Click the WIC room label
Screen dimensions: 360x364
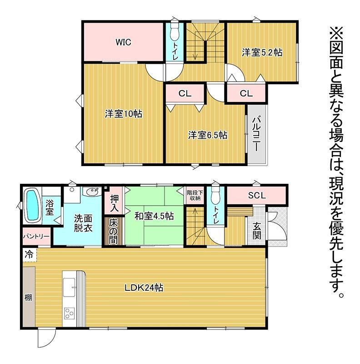tap(123, 42)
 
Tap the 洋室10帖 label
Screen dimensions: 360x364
tap(123, 114)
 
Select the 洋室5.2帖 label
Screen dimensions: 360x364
tap(262, 52)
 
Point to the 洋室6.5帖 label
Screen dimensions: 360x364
tap(208, 135)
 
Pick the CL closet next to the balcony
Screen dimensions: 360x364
tap(246, 93)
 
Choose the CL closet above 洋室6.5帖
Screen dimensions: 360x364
tap(185, 93)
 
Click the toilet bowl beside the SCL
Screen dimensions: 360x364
tap(216, 195)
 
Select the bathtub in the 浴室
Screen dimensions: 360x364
tap(32, 205)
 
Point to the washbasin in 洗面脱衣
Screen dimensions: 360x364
tap(92, 192)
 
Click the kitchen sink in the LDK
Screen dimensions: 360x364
tap(69, 288)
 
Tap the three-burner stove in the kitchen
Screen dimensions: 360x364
tap(70, 313)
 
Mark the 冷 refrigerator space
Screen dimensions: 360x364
tap(30, 255)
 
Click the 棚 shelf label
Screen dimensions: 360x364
tap(28, 297)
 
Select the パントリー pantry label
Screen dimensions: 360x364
tap(36, 236)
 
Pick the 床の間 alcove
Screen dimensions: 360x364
tap(114, 231)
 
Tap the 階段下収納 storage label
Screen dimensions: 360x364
tap(195, 195)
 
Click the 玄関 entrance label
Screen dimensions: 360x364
tap(257, 231)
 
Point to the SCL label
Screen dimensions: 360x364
tap(257, 196)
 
